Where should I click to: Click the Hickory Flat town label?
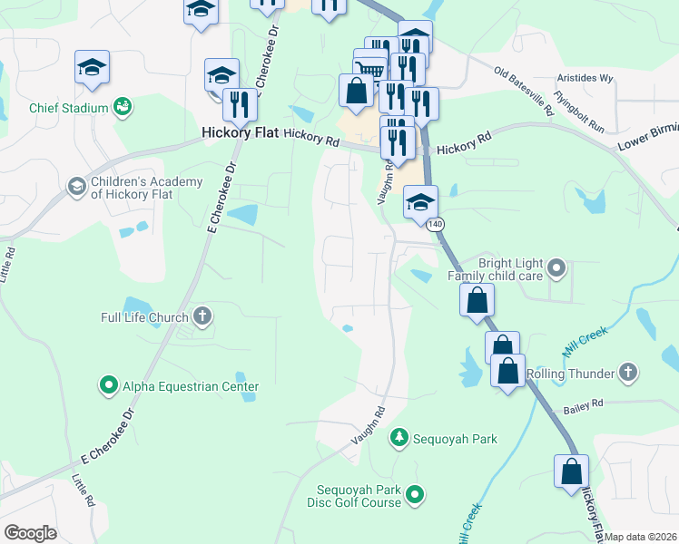click(237, 132)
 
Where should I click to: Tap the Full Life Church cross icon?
click(202, 317)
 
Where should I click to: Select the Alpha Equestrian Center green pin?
click(109, 386)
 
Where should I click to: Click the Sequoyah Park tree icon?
click(399, 439)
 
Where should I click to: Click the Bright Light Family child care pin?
click(558, 267)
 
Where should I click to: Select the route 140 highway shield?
click(438, 223)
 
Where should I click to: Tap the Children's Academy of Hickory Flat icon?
click(76, 188)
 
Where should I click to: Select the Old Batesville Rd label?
click(524, 91)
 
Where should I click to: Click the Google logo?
click(31, 533)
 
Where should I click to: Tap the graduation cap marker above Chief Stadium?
click(91, 67)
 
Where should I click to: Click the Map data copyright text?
click(641, 537)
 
